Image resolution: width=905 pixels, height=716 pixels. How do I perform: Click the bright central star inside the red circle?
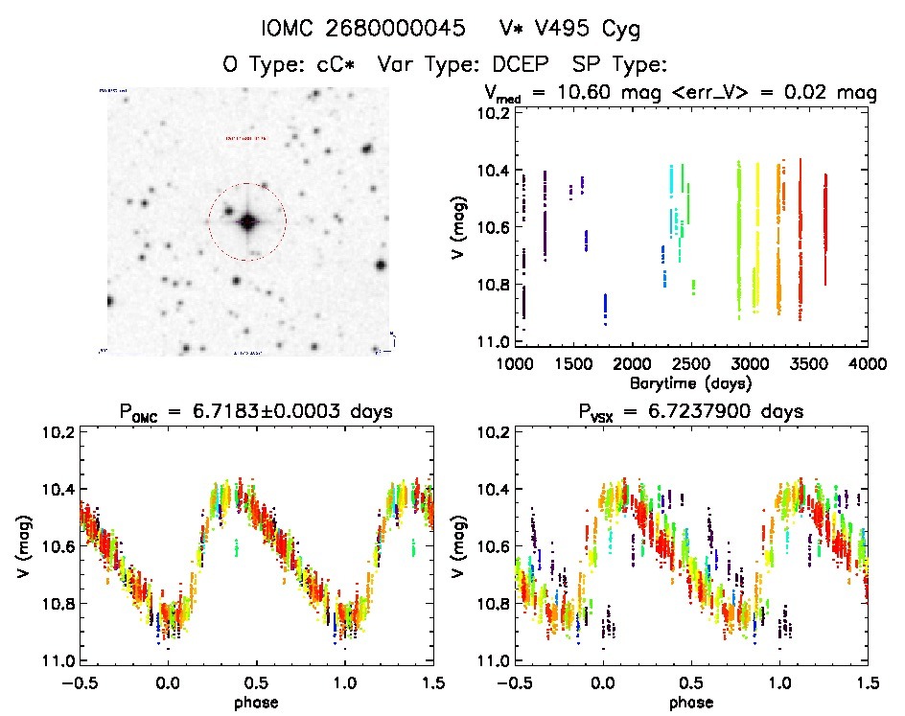[247, 222]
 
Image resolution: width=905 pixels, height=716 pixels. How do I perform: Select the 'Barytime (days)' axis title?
[690, 382]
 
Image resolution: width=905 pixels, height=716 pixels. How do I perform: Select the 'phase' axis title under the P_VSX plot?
[690, 701]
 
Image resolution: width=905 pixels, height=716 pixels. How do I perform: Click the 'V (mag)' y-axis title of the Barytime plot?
[463, 227]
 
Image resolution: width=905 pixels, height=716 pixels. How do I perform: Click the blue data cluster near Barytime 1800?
[605, 309]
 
